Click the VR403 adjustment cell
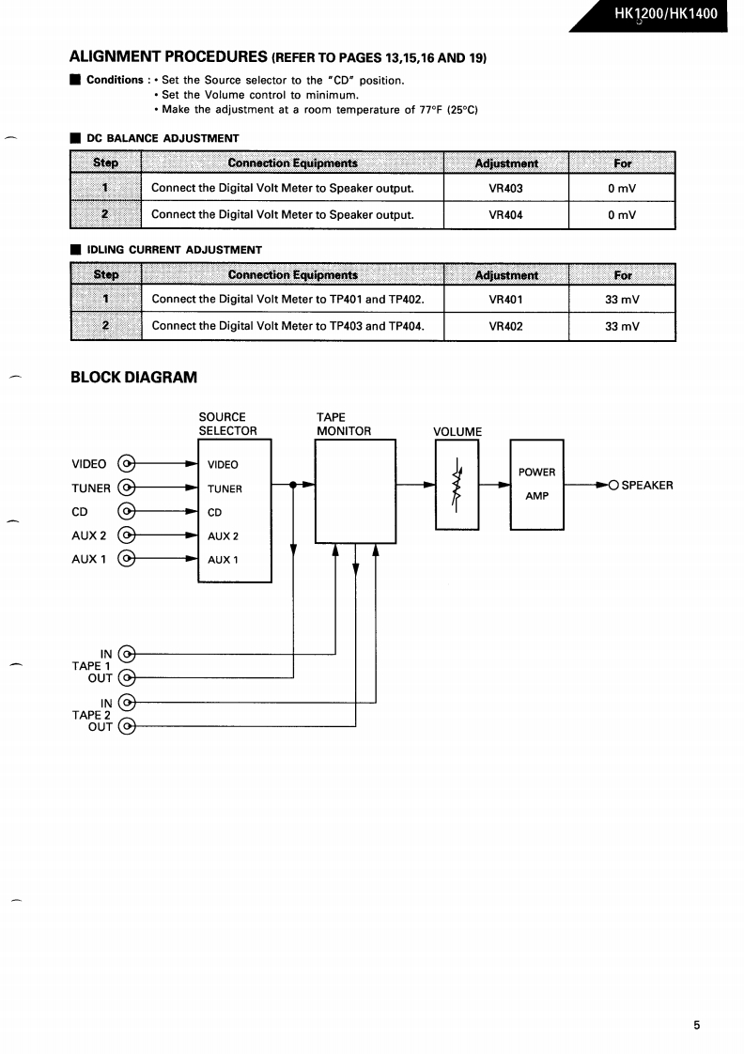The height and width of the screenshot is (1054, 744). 505,188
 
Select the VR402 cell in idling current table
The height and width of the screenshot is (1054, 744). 505,327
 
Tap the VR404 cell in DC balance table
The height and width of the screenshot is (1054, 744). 505,215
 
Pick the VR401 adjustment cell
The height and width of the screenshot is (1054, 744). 505,300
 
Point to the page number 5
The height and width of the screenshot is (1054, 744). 697,1026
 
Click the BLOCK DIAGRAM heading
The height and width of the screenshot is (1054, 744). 134,378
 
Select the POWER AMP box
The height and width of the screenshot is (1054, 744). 536,484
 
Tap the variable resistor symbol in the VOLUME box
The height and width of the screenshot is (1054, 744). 457,484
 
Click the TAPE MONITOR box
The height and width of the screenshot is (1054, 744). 355,490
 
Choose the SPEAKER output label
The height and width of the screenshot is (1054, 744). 646,486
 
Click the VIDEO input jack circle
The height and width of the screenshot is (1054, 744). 127,464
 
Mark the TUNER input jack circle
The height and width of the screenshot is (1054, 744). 127,488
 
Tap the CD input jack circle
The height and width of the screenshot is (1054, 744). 127,512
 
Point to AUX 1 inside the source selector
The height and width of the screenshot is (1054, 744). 224,560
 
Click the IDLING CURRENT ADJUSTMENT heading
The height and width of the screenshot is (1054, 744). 174,250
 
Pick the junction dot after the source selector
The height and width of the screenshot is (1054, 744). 294,485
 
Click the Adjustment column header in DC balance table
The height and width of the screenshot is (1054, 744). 505,163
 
